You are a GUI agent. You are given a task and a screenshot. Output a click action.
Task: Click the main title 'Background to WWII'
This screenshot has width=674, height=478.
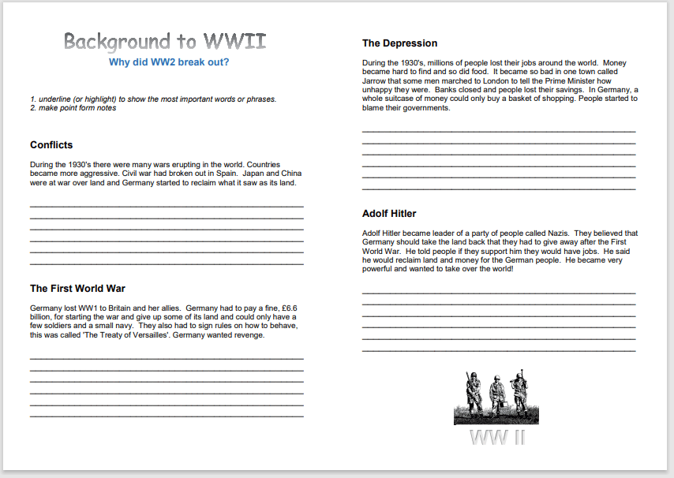[x=164, y=42]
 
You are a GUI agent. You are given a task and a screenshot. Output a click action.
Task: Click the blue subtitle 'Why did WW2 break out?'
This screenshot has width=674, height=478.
[x=169, y=62]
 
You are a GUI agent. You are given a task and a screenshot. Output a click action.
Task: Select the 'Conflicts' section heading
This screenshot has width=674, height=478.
[x=51, y=145]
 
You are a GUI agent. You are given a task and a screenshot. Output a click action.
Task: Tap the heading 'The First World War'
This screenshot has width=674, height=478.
[x=77, y=289]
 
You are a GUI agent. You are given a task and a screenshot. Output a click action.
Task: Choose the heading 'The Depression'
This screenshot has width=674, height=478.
[x=399, y=43]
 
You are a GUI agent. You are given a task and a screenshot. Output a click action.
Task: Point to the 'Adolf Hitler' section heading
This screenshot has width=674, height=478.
[x=389, y=214]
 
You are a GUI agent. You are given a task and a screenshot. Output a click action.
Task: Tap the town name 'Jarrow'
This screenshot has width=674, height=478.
[x=377, y=80]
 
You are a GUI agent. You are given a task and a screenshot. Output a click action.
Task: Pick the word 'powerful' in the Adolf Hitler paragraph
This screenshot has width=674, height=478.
[x=380, y=269]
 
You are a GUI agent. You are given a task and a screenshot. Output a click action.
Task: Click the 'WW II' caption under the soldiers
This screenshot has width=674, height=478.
[x=496, y=438]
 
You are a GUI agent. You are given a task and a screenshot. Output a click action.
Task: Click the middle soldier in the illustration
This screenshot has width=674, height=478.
[x=496, y=394]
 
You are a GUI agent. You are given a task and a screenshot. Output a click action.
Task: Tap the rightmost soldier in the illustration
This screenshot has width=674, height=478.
[x=519, y=392]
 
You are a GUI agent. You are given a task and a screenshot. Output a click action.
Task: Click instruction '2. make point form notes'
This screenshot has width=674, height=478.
[x=73, y=108]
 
